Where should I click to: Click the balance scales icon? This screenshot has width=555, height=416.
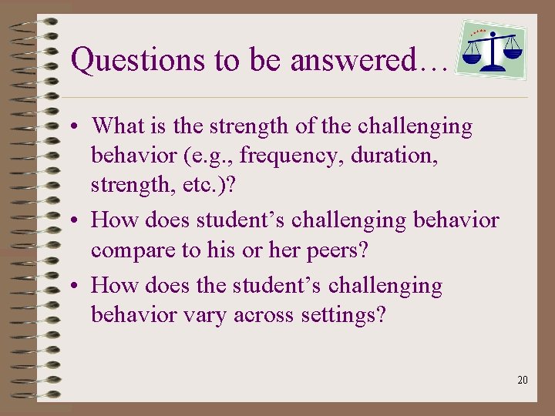click(491, 49)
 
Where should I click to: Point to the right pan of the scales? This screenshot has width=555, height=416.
click(512, 54)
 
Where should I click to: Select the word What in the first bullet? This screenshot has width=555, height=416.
click(113, 126)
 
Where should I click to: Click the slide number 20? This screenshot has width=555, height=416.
click(523, 379)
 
